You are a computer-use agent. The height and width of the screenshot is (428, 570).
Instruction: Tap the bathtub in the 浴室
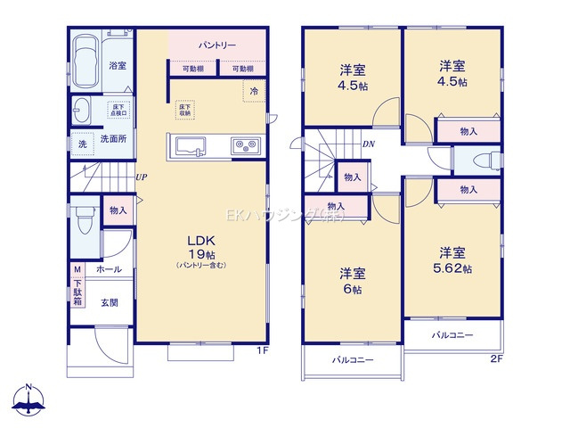coord(87,60)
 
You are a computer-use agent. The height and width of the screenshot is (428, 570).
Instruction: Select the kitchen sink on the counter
coord(191,146)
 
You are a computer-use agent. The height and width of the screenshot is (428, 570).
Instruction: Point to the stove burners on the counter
coord(245,145)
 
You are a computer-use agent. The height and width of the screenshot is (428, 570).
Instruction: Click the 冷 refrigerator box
coord(254,91)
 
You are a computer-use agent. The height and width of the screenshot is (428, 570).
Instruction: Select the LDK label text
coord(198,241)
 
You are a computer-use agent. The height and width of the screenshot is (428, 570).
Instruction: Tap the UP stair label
coord(141,177)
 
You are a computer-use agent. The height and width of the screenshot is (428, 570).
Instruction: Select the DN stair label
coord(367,144)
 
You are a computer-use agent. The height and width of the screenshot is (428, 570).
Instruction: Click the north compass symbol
coord(29,401)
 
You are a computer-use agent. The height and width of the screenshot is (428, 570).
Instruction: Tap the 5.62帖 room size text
coord(454,267)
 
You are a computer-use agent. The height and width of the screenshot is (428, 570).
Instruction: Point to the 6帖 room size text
coord(352,290)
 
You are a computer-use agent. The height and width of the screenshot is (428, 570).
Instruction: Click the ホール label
coord(109,268)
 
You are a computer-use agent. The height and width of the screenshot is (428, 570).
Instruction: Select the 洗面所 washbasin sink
coord(81,111)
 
